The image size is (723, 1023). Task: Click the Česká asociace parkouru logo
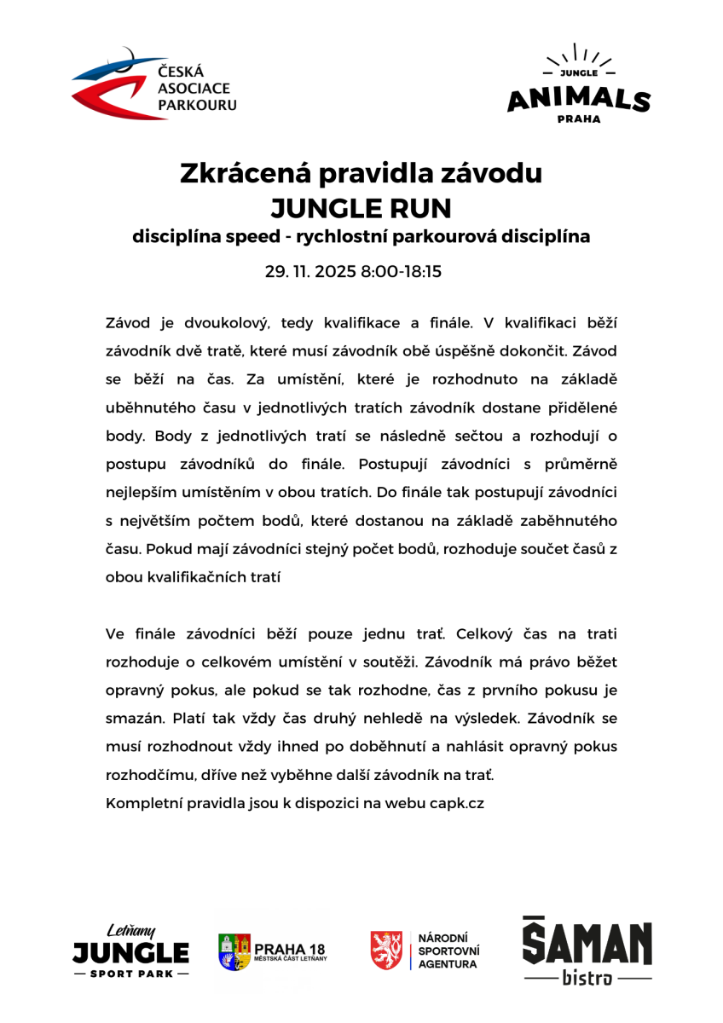154,85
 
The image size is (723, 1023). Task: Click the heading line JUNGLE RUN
361,207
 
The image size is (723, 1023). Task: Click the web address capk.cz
457,803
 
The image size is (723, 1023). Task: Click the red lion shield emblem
386,950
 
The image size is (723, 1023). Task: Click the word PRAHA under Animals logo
578,119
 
